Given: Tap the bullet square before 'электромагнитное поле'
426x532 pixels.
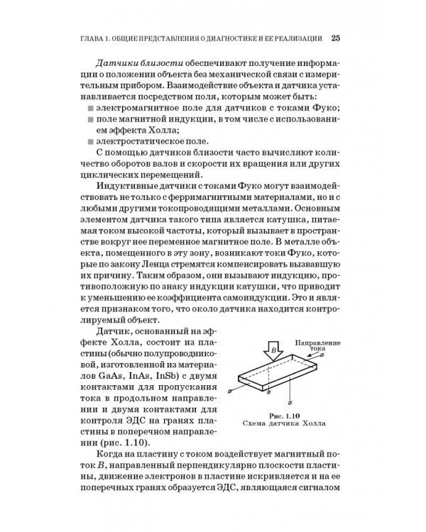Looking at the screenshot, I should tap(92, 107).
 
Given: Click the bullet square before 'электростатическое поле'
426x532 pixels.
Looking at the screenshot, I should tap(92, 142).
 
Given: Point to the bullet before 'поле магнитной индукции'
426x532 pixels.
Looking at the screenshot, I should tap(92, 119).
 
